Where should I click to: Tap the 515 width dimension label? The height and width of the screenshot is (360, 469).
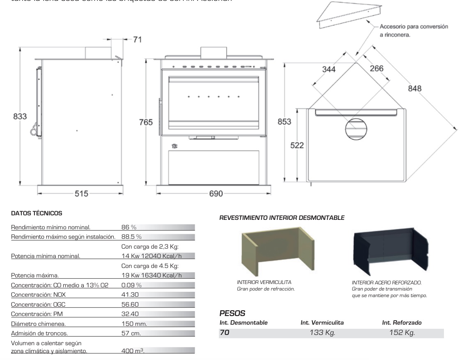click(81, 194)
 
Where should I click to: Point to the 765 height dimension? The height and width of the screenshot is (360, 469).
click(146, 122)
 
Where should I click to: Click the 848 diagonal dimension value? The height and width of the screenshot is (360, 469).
click(414, 88)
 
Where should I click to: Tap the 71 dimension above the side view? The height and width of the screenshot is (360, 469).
click(137, 39)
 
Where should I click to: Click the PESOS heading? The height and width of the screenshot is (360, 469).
click(232, 314)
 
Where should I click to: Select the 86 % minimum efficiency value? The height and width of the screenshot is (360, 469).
click(129, 227)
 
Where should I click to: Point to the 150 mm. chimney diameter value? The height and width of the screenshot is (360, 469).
click(134, 324)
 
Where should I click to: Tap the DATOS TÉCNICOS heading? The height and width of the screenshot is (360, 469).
click(37, 213)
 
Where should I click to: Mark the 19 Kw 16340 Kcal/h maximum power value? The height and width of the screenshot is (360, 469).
click(152, 275)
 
